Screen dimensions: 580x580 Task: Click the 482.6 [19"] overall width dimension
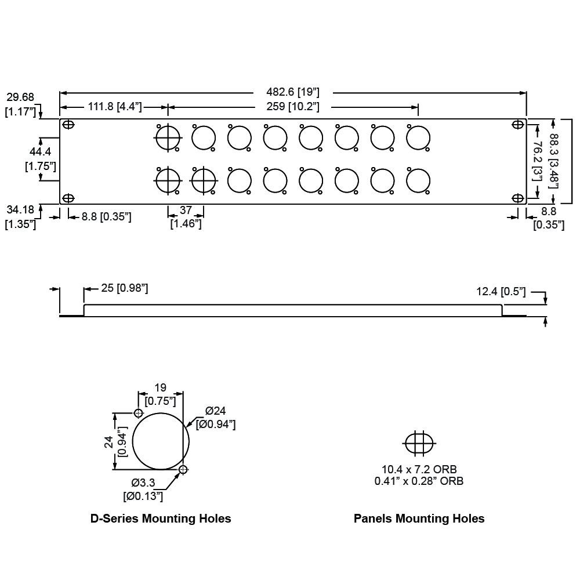[x=293, y=92]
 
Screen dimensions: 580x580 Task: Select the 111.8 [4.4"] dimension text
[x=115, y=107]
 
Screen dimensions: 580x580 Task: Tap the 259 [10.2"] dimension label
[x=293, y=107]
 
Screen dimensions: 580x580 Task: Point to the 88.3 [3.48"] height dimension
[x=554, y=161]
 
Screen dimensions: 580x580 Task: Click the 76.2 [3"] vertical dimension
[x=538, y=161]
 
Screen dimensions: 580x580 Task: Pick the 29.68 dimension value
[x=20, y=97]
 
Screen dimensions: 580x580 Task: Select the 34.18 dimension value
[x=20, y=209]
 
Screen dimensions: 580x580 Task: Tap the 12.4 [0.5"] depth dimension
[x=501, y=292]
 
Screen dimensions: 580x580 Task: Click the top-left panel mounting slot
[x=68, y=125]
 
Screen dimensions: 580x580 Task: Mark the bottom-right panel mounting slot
[x=518, y=198]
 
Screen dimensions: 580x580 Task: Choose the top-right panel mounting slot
[x=518, y=124]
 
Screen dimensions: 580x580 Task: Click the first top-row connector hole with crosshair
[x=168, y=138]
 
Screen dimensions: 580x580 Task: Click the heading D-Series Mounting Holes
[x=161, y=519]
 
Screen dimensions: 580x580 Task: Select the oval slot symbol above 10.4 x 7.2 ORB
[x=418, y=444]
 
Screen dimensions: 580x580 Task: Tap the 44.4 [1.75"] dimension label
[x=40, y=159]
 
